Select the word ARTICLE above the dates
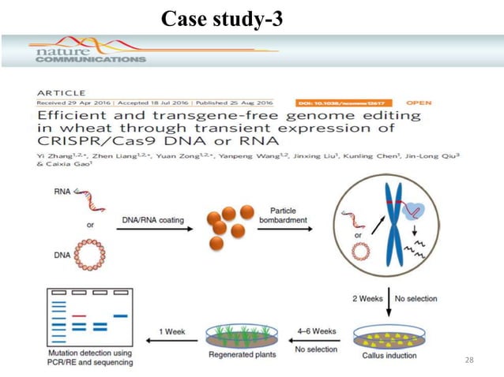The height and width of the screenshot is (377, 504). (x=61, y=92)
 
